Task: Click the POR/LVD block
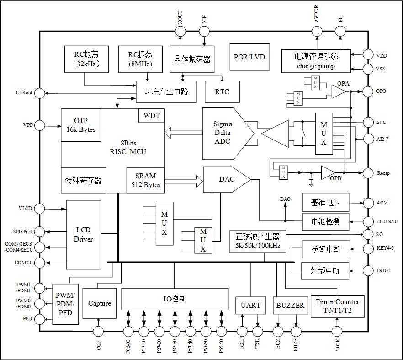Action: (249, 57)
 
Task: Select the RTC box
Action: (222, 92)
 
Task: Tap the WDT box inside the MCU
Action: (152, 116)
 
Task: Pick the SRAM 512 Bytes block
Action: (145, 180)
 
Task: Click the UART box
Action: (250, 305)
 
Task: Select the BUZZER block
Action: (290, 305)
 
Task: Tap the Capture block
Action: (100, 303)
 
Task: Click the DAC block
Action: (225, 179)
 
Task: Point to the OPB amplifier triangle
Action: (328, 172)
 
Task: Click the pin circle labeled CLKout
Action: (40, 93)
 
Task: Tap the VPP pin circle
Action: (40, 125)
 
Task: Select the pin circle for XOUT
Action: (180, 31)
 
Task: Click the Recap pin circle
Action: (368, 172)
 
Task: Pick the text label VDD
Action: (382, 56)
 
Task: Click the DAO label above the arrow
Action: (285, 199)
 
